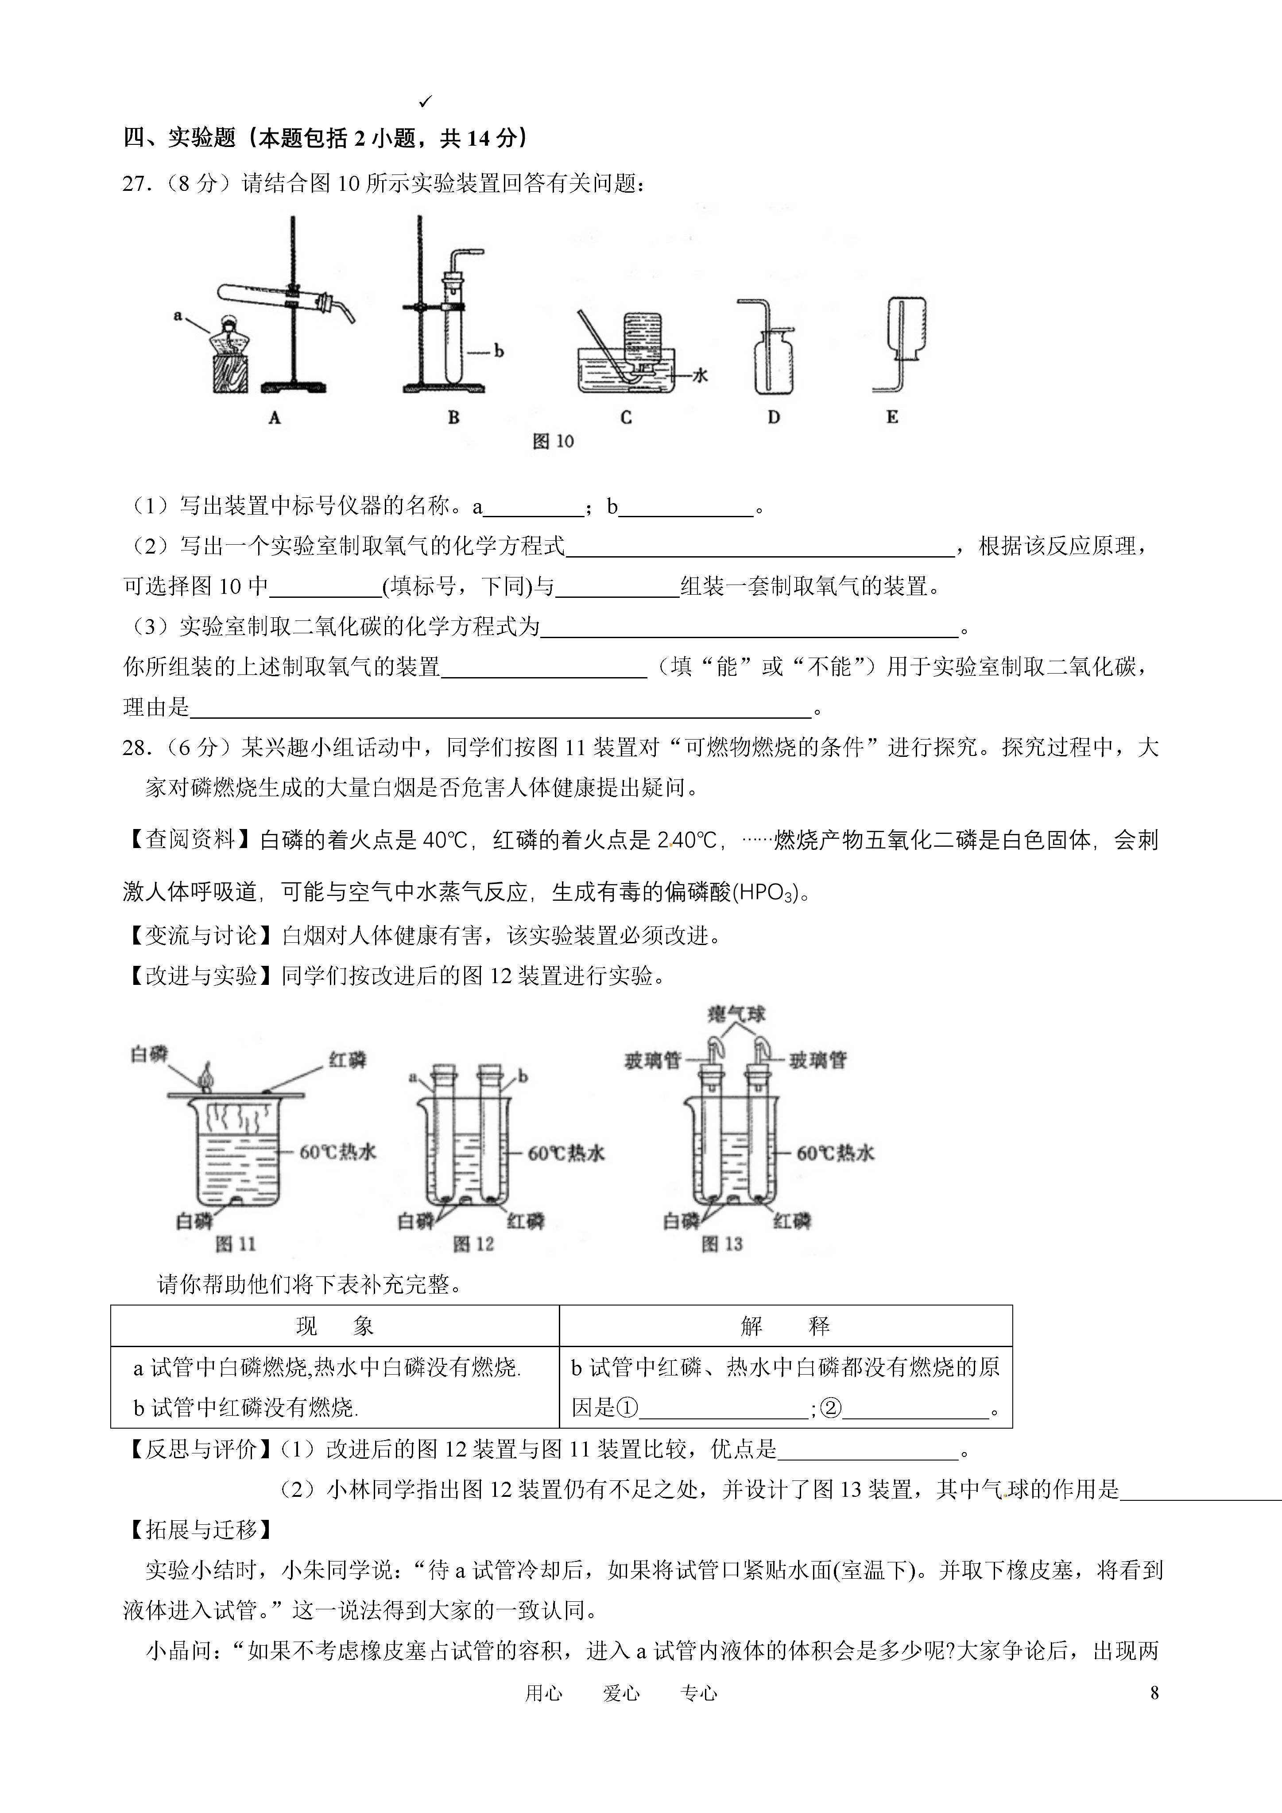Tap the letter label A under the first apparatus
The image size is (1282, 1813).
click(x=275, y=418)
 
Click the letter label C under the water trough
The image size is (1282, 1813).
click(x=626, y=418)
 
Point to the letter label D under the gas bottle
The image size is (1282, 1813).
click(x=774, y=418)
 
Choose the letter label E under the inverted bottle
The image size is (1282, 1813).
click(x=892, y=418)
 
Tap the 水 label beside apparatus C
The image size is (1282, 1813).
click(x=699, y=376)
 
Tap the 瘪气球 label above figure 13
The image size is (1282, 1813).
click(x=736, y=1015)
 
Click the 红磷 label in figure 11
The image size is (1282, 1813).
click(x=347, y=1060)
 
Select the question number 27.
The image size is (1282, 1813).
click(x=136, y=184)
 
